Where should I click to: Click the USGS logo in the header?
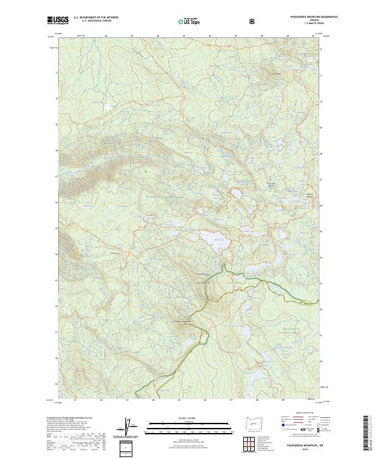[x=60, y=20]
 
